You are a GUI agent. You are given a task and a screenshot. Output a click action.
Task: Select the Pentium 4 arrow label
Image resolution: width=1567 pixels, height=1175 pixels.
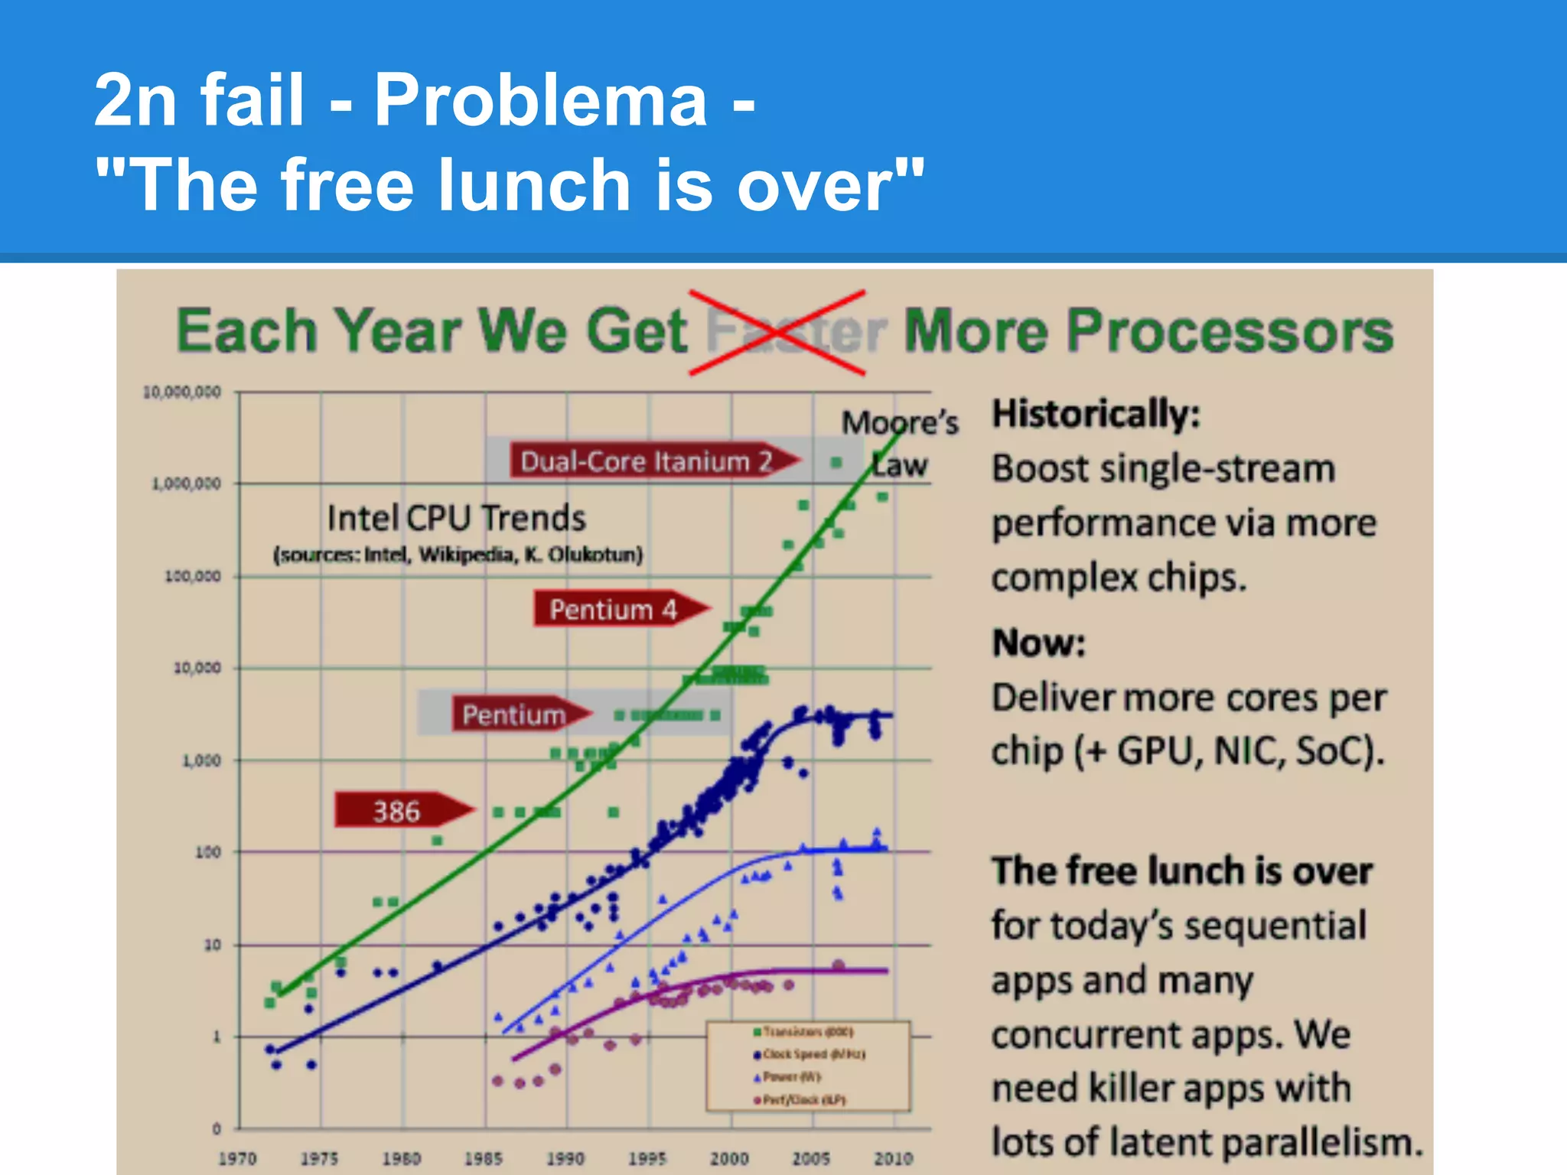click(x=617, y=610)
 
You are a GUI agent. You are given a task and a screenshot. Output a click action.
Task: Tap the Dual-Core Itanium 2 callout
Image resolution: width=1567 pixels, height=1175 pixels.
click(x=650, y=461)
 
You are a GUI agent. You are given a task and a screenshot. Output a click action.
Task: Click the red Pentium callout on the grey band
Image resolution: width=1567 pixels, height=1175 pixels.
click(x=517, y=714)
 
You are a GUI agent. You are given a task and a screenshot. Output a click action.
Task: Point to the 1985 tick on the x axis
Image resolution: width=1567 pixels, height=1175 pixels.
click(x=484, y=1158)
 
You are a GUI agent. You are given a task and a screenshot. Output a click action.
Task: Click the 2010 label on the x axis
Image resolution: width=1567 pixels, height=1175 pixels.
click(x=893, y=1158)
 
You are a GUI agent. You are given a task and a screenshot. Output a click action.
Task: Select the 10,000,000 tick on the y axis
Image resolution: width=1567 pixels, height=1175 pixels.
click(x=182, y=392)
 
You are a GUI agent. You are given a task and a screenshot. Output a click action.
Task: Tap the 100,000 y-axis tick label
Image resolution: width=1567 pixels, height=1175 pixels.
click(x=192, y=576)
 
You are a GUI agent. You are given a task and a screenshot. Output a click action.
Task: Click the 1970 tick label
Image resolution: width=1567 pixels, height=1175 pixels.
click(x=237, y=1158)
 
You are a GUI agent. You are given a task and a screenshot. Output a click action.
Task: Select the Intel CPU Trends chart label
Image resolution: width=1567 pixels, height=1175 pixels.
click(x=457, y=518)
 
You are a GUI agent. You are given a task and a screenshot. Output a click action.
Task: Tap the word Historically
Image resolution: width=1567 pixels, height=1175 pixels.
click(x=1096, y=414)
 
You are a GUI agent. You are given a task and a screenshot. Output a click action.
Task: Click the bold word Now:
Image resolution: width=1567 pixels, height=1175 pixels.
click(x=1039, y=643)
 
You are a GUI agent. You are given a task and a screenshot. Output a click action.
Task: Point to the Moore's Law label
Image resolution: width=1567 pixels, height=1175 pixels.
click(x=900, y=442)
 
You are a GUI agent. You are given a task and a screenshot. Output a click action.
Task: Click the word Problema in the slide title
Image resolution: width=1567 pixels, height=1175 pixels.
click(x=540, y=99)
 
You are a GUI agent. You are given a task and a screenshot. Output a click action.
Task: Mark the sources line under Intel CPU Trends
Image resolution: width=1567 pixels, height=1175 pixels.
click(x=458, y=555)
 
